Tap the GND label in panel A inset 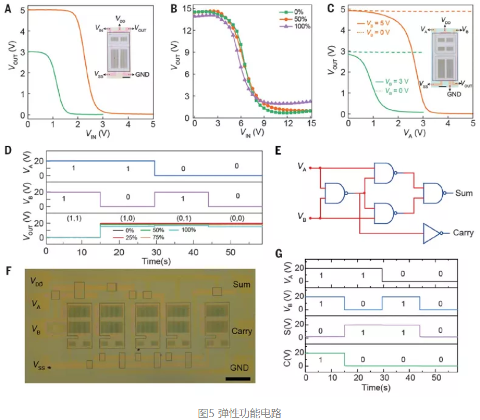143,74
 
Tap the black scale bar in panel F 238,379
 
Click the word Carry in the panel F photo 241,331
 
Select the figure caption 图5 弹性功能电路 239,413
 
